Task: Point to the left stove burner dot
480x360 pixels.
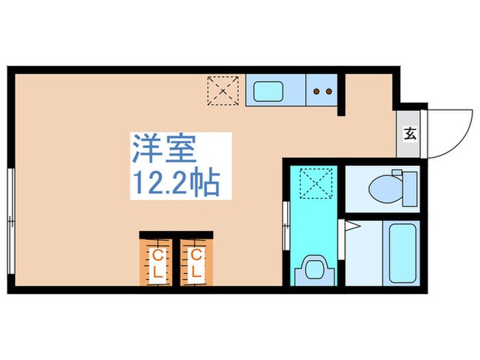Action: coord(317,90)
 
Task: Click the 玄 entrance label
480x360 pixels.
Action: coord(410,132)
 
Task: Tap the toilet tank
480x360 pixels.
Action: coord(409,187)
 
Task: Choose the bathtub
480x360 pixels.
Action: coord(402,253)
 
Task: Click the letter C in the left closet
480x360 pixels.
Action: coord(158,256)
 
